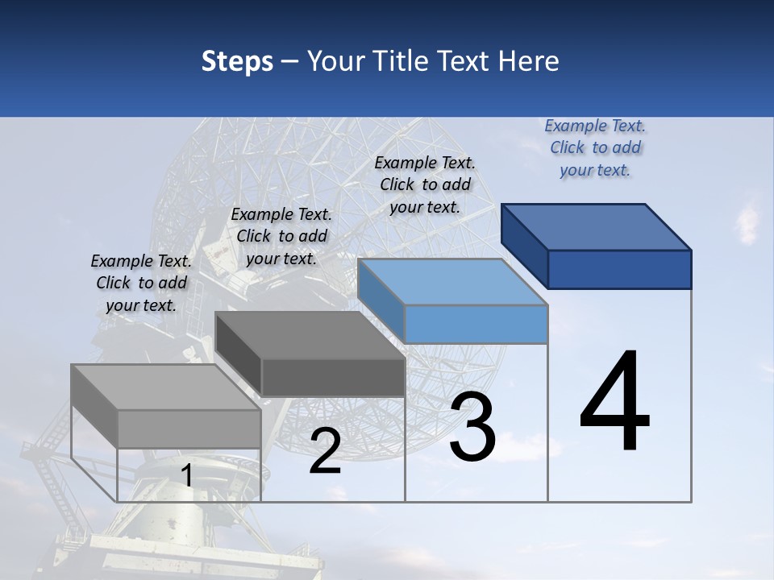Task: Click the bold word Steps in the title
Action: [237, 61]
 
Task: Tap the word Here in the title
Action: [530, 61]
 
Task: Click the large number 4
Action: [615, 403]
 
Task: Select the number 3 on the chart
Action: [472, 427]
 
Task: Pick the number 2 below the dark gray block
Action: [325, 451]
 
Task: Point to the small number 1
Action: [186, 475]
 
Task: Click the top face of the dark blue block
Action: [597, 226]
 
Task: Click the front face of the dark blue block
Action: [619, 269]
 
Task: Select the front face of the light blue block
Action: [476, 324]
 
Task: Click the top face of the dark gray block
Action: [310, 335]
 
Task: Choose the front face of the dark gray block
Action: [333, 378]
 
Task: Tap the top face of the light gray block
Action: [166, 387]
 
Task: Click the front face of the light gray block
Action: [189, 429]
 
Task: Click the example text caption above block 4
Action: [595, 147]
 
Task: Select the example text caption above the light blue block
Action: [425, 184]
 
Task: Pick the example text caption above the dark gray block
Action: [281, 236]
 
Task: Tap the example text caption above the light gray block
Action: [141, 283]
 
